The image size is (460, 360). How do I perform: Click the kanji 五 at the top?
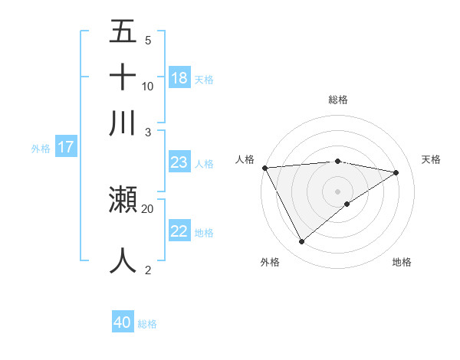click(x=123, y=32)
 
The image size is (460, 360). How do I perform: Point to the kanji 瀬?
click(x=123, y=200)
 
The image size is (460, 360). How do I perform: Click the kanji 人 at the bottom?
click(x=123, y=260)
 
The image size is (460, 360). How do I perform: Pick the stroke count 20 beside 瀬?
click(x=148, y=208)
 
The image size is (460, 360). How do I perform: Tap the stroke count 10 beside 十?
click(x=148, y=86)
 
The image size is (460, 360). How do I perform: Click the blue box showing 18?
click(x=179, y=77)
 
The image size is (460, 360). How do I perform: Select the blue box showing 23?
click(x=179, y=162)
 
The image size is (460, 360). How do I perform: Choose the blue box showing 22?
click(x=179, y=231)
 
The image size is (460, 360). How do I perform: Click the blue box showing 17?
click(x=65, y=147)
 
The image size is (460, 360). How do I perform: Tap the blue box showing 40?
click(x=122, y=322)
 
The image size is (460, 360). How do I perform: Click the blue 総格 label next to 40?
click(x=147, y=324)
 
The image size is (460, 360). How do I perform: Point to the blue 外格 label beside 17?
click(x=41, y=149)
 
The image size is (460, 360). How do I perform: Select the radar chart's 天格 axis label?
click(x=431, y=159)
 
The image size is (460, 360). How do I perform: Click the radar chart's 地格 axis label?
click(x=402, y=262)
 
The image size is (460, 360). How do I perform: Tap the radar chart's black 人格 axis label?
click(x=245, y=159)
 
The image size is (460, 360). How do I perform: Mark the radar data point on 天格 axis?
click(x=396, y=172)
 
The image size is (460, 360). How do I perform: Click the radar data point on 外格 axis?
click(x=301, y=242)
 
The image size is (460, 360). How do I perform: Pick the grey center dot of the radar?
click(x=337, y=191)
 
